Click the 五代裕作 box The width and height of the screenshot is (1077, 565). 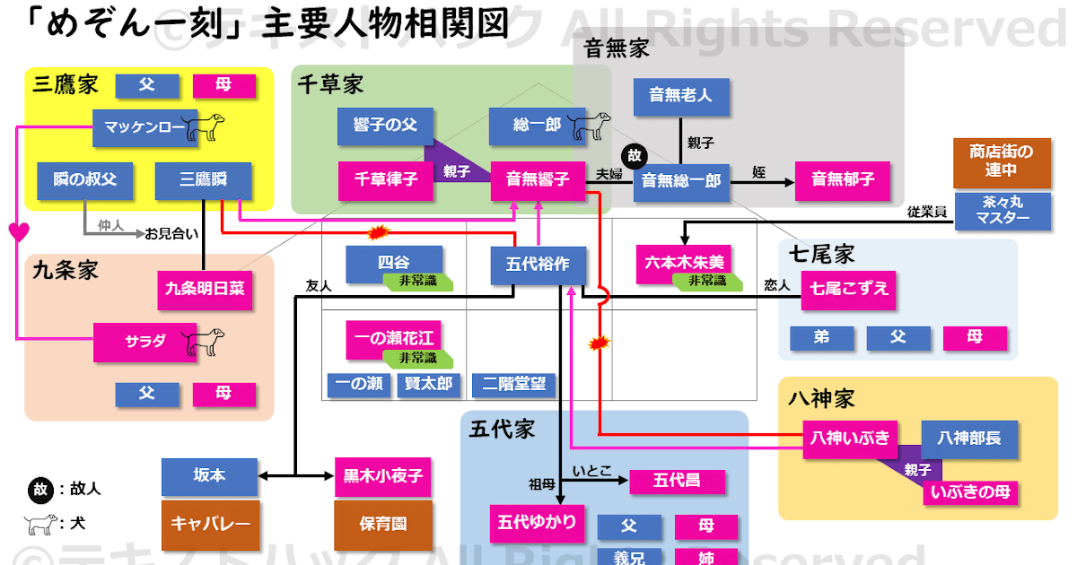pos(538,265)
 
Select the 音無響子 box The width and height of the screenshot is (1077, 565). pos(538,179)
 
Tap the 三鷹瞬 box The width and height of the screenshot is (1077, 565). pos(202,180)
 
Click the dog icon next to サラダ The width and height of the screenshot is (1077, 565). pos(203,341)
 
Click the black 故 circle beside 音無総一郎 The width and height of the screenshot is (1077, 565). pos(635,155)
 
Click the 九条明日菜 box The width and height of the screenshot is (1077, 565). pos(204,289)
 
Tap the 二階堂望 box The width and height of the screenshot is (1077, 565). pos(513,385)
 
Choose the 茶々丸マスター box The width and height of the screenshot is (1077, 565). pos(1003,212)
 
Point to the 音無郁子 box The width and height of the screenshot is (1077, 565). pos(842,180)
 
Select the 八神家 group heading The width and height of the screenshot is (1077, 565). pos(821,397)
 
